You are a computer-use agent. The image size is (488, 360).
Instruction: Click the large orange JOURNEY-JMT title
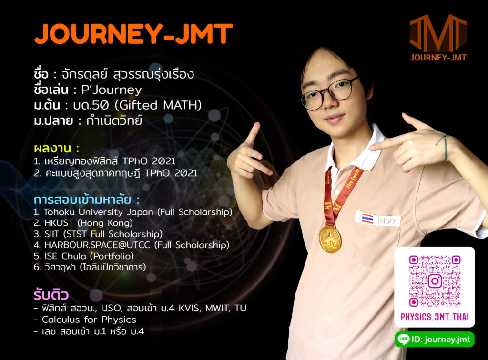click(133, 33)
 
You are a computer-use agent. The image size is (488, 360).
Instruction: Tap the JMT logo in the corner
click(438, 37)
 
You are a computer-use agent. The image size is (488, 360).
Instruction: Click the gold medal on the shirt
click(330, 239)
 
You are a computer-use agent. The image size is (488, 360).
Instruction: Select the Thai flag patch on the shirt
click(367, 218)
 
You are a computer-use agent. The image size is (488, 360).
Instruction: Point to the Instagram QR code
click(435, 281)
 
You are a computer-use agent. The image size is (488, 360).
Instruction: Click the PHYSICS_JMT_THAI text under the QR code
click(435, 317)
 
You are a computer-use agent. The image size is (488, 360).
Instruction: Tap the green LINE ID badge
click(435, 339)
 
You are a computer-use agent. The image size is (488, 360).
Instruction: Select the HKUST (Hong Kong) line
click(83, 223)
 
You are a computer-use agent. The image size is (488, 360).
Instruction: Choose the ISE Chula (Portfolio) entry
click(84, 256)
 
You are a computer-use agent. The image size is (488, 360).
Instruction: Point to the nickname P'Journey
click(112, 90)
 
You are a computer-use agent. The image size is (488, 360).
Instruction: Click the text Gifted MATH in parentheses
click(158, 105)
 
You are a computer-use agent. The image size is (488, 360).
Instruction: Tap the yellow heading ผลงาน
click(52, 148)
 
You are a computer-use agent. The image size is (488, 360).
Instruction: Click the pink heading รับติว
click(51, 294)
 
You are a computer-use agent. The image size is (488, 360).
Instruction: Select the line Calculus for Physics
click(89, 320)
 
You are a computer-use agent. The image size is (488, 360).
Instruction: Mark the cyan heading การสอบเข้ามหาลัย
click(82, 200)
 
